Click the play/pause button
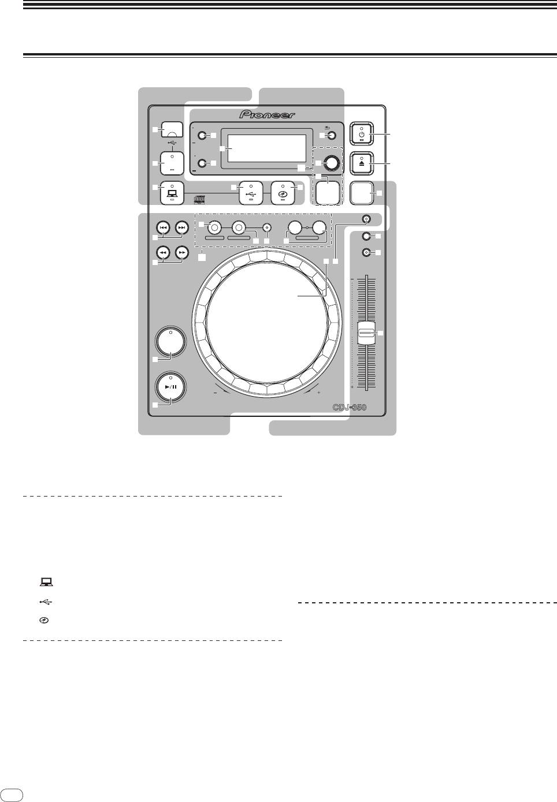172,388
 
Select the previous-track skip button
164,227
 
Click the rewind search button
164,252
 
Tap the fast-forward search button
182,252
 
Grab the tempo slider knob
366,333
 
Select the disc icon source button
283,193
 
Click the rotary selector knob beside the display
331,163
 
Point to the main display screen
266,148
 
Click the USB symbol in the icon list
46,602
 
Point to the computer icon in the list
44,583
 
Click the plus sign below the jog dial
318,393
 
